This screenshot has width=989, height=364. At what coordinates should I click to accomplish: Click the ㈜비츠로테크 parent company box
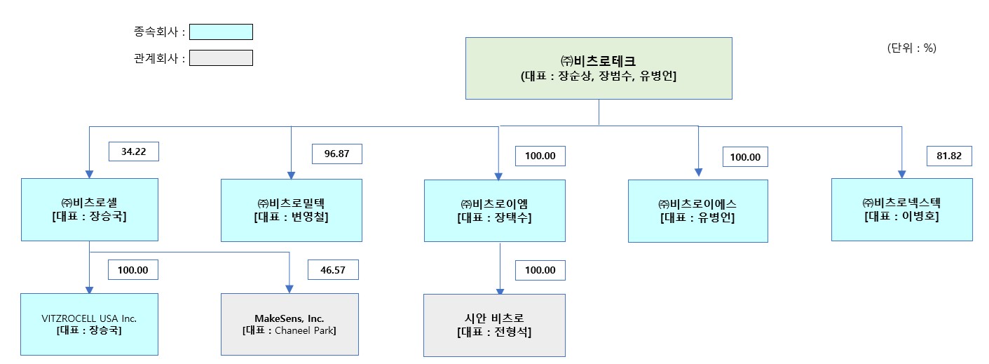[x=599, y=68]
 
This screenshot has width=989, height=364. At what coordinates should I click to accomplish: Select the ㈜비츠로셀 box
[x=89, y=210]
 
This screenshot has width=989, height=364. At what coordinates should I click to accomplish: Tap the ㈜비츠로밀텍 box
[x=292, y=210]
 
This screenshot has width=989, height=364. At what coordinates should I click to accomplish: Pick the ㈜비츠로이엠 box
[x=495, y=210]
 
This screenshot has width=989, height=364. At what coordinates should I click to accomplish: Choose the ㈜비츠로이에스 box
[x=697, y=210]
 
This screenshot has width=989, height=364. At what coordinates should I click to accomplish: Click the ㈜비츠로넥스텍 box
[x=901, y=210]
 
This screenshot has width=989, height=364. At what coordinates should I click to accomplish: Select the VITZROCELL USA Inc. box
[x=89, y=324]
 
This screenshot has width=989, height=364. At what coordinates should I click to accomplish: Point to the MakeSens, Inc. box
[x=289, y=324]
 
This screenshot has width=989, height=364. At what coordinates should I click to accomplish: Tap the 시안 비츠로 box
[x=495, y=325]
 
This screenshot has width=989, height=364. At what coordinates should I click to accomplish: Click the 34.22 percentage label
[x=133, y=151]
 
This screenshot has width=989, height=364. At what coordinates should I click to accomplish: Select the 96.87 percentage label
[x=337, y=153]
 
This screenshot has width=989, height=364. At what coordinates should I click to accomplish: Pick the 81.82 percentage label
[x=949, y=156]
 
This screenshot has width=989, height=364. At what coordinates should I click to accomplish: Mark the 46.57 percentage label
[x=333, y=269]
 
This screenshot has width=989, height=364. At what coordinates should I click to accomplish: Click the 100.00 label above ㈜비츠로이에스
[x=745, y=157]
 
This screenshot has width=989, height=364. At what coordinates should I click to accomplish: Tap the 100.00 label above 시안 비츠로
[x=540, y=270]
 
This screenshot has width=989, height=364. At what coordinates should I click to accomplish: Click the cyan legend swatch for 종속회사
[x=221, y=32]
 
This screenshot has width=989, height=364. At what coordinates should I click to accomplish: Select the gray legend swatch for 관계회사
[x=221, y=58]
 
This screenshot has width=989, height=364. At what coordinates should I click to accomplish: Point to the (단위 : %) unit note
[x=911, y=48]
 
